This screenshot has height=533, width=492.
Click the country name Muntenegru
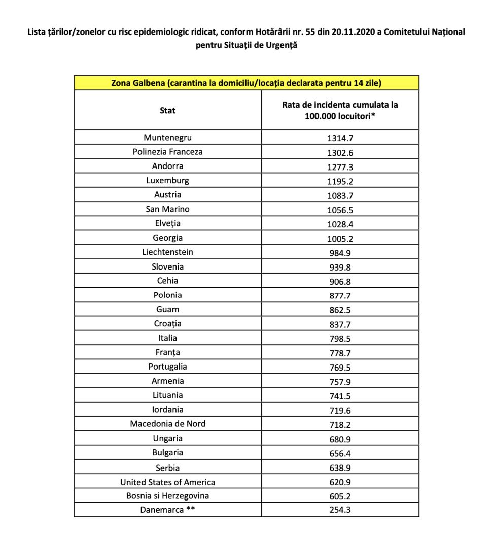pyautogui.click(x=167, y=137)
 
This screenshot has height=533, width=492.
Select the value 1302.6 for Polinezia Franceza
pyautogui.click(x=340, y=152)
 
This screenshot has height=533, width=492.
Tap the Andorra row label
pyautogui.click(x=167, y=166)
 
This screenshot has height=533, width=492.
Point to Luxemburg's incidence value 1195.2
pyautogui.click(x=340, y=181)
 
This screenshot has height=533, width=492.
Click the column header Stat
pyautogui.click(x=167, y=110)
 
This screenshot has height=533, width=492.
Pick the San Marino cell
pyautogui.click(x=167, y=209)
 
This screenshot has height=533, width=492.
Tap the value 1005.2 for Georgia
pyautogui.click(x=340, y=238)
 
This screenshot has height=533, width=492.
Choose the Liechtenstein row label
pyautogui.click(x=167, y=252)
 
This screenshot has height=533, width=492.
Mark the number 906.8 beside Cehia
pyautogui.click(x=340, y=281)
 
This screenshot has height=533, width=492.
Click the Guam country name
pyautogui.click(x=167, y=309)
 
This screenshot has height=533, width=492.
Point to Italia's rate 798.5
pyautogui.click(x=340, y=339)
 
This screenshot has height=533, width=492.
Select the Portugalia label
pyautogui.click(x=167, y=367)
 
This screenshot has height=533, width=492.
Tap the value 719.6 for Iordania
pyautogui.click(x=340, y=410)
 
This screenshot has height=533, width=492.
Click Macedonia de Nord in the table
pyautogui.click(x=167, y=423)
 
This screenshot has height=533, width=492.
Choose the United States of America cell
pyautogui.click(x=167, y=482)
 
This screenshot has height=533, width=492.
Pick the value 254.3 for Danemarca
pyautogui.click(x=340, y=510)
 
